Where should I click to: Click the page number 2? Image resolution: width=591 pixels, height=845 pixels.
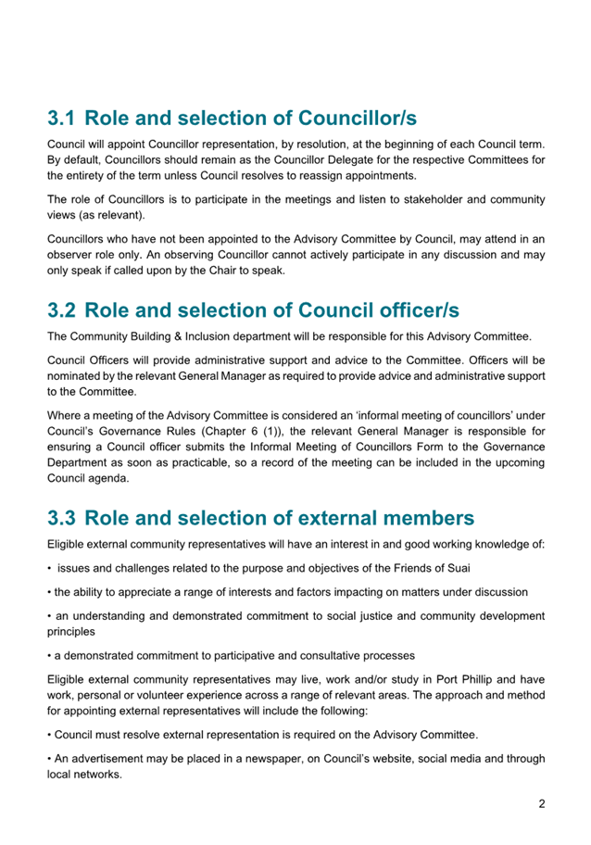point(541,803)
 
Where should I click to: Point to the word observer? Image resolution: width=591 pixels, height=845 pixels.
point(72,254)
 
